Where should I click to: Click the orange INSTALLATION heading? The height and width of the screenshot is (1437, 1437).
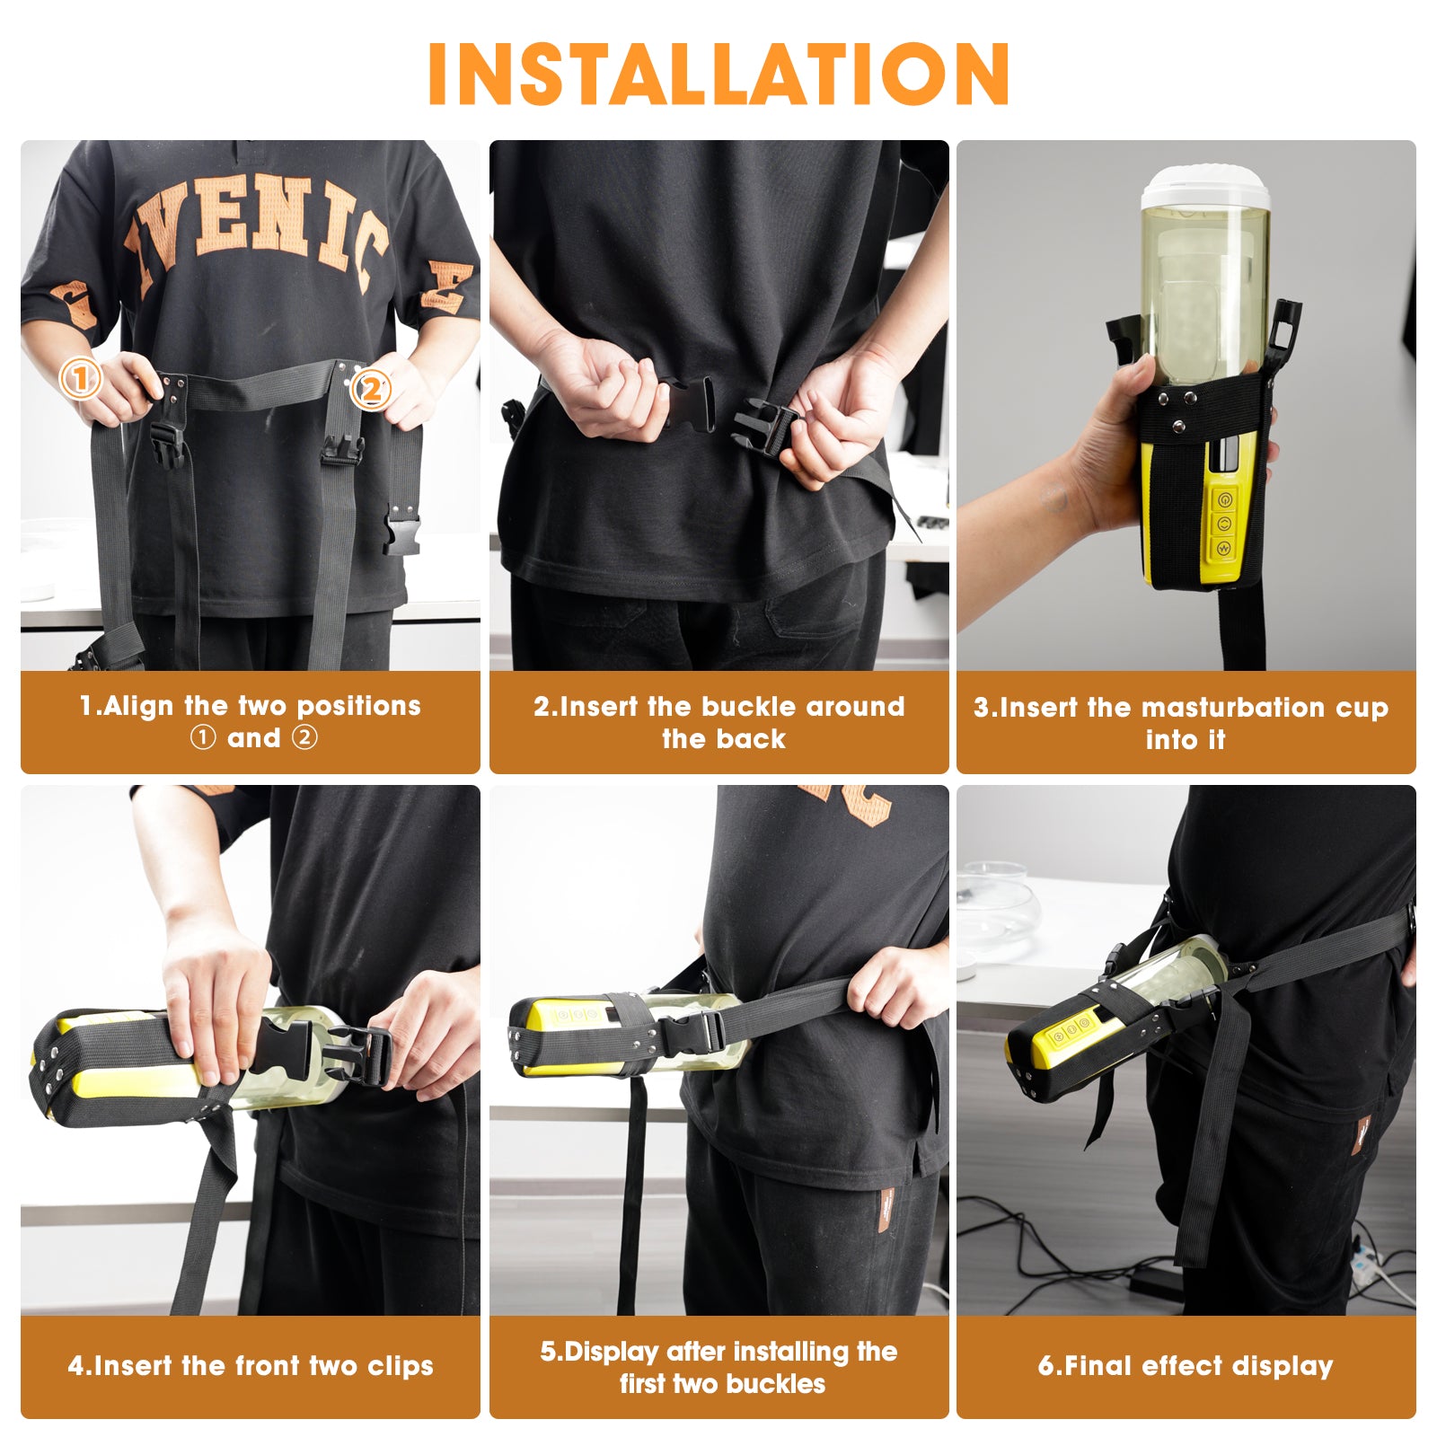[x=718, y=74]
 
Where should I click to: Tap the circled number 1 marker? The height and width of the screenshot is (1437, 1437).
[x=80, y=379]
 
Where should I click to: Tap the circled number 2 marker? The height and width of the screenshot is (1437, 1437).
[x=370, y=390]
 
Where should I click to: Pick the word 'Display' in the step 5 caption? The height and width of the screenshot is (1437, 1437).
[x=612, y=1352]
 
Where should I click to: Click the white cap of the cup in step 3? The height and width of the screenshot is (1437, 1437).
[x=1205, y=188]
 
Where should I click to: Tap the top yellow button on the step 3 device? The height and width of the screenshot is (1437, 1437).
[x=1224, y=500]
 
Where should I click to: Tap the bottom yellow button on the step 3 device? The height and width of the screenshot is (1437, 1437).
[x=1222, y=547]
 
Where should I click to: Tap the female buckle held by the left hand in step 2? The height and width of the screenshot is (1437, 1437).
[x=689, y=407]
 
